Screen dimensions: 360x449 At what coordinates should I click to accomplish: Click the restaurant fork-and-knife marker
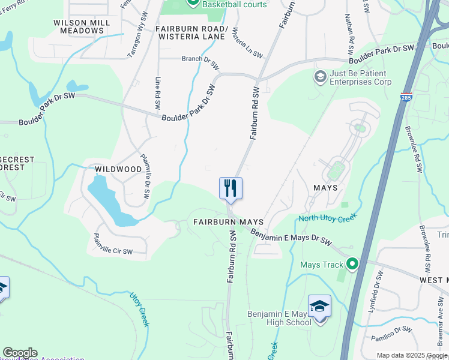pos(231,188)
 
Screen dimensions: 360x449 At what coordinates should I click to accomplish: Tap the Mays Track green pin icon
pos(352,264)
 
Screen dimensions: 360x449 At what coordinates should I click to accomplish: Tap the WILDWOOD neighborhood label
pos(118,169)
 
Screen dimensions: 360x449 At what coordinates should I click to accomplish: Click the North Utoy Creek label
pos(328,217)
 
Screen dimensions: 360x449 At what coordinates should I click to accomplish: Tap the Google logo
pos(20,353)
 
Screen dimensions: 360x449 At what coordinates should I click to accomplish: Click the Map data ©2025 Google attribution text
pos(411,355)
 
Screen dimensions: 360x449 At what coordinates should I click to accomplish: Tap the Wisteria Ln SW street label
pos(247,43)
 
